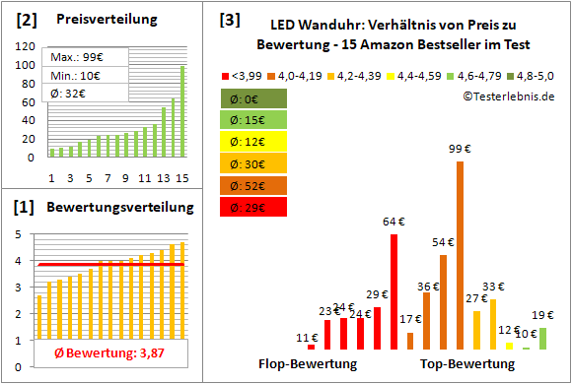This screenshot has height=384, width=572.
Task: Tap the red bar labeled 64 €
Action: [394, 290]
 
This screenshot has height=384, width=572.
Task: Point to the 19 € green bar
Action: [542, 338]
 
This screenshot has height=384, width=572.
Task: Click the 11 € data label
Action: [307, 338]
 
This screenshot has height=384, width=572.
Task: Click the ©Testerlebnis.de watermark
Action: [507, 96]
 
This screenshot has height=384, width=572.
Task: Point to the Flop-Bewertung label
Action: [308, 363]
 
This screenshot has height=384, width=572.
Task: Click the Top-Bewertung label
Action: [467, 363]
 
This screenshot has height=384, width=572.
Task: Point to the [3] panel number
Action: [230, 19]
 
